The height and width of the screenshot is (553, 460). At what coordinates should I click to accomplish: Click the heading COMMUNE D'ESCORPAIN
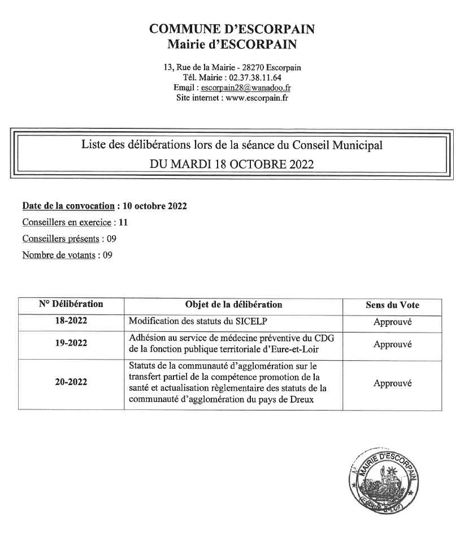[x=232, y=29]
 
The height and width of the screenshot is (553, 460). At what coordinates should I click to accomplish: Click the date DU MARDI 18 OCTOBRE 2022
[x=232, y=165]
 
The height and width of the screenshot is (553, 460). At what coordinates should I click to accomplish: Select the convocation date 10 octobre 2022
[x=154, y=206]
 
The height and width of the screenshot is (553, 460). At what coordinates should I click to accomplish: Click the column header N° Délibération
[x=71, y=304]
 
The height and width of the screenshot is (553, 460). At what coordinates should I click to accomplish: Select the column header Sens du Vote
[x=392, y=305]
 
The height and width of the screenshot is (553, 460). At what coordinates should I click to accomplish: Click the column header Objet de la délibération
[x=233, y=304]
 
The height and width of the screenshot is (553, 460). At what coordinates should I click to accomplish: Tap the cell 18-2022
[x=71, y=321]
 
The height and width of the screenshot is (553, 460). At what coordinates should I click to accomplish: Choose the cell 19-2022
[x=71, y=343]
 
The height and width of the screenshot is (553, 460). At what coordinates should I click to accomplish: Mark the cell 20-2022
[x=71, y=383]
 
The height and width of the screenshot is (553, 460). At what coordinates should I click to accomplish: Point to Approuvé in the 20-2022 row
[x=392, y=383]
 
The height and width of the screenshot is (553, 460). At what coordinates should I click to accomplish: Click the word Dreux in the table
[x=301, y=400]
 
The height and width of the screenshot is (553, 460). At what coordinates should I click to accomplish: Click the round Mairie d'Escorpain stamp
[x=384, y=475]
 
